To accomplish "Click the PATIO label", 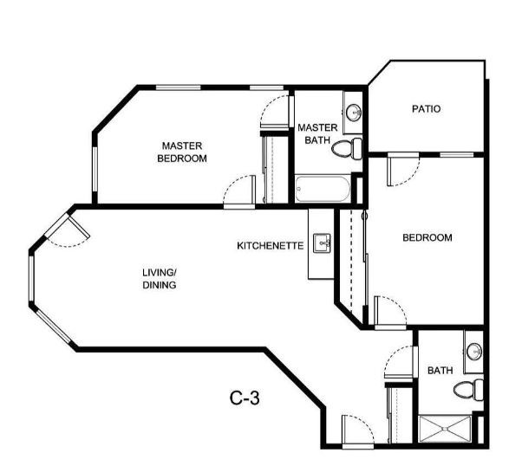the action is [426, 109].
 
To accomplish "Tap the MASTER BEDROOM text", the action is [182, 152].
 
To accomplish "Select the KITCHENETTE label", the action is [270, 246].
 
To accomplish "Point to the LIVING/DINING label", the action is [160, 279].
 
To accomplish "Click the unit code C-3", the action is [245, 398].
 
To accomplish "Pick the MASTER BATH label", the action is [317, 133].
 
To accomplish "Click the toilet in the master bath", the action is [347, 148].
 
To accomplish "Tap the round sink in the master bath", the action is [353, 113].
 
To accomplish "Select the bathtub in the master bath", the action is [323, 189].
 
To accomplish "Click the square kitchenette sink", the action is [322, 243].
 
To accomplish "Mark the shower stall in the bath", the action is [445, 429].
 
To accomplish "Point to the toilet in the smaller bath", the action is [468, 389].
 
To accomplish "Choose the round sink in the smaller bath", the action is [474, 352].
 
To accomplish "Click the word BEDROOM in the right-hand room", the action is [427, 237].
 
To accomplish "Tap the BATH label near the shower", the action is [440, 370].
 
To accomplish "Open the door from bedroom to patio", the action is [403, 169].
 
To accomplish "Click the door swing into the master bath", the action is [275, 112].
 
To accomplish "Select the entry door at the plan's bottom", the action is [358, 431].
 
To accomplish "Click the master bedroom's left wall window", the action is [95, 169].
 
